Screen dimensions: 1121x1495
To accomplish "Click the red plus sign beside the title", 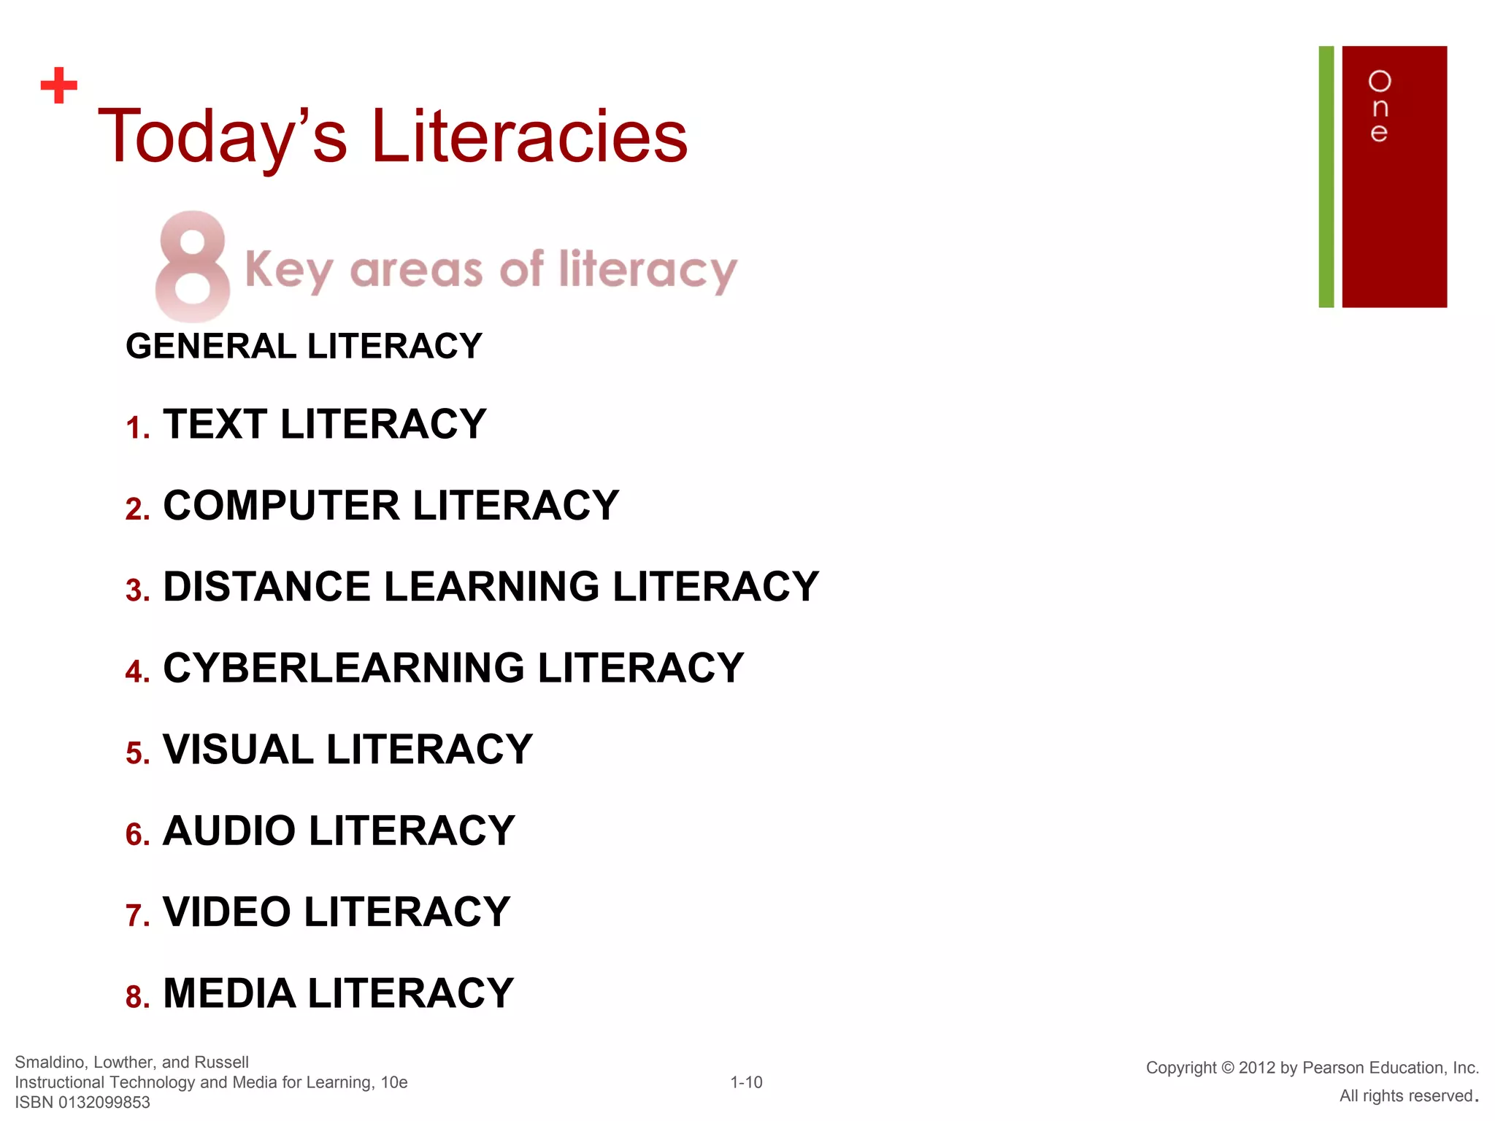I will [59, 86].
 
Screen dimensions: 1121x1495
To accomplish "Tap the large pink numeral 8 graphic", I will [193, 266].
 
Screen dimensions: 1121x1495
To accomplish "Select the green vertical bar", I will [1326, 177].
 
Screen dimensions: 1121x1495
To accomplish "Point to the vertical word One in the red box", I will [1379, 107].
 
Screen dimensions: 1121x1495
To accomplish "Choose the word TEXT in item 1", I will [215, 424].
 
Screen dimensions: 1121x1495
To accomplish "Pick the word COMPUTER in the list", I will [282, 505].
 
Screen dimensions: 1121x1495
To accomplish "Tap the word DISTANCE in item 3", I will [266, 586].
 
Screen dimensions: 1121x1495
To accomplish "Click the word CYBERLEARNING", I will [343, 668].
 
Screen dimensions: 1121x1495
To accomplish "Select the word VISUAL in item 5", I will [238, 750].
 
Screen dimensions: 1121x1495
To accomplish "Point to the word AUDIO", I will [229, 831].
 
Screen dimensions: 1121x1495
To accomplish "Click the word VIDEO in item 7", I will [226, 912].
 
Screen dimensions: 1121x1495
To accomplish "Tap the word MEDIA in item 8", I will [228, 993].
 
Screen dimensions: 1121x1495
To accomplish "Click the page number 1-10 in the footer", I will [746, 1082].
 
